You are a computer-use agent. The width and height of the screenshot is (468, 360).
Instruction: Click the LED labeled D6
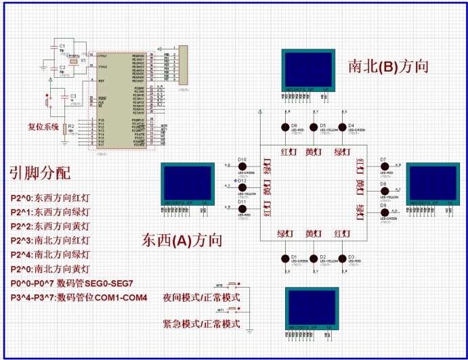285,127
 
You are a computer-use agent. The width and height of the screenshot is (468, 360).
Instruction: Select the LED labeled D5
314,127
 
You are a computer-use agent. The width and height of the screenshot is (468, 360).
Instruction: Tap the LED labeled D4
343,127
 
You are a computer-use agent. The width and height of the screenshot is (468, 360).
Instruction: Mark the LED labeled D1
285,258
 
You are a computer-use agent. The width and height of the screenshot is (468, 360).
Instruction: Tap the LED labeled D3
343,258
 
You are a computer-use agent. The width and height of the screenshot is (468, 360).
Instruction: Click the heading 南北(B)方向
388,66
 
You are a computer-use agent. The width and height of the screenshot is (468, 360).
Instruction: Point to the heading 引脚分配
39,173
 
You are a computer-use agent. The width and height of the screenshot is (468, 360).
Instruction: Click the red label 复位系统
43,127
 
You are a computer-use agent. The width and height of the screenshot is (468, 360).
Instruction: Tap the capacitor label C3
73,96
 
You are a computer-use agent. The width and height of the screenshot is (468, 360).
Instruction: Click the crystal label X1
83,60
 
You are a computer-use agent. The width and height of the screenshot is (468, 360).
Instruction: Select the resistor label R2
70,127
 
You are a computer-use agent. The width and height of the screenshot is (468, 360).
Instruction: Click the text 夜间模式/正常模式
201,298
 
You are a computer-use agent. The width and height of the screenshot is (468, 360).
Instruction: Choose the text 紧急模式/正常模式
201,324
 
